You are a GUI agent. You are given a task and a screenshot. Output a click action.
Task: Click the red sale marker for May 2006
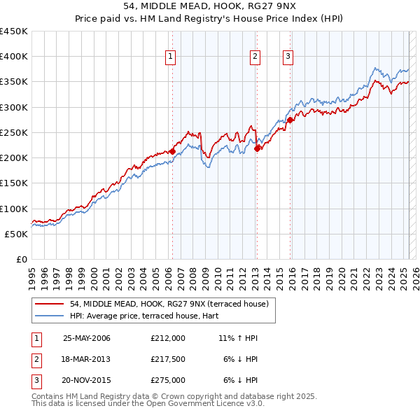172,150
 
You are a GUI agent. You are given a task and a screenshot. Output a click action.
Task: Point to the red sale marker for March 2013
257,148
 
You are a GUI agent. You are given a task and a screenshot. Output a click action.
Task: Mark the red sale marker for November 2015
290,120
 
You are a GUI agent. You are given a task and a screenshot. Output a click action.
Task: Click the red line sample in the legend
50,303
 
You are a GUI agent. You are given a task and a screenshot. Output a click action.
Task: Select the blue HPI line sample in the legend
50,315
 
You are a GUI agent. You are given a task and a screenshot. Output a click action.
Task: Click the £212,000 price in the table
168,338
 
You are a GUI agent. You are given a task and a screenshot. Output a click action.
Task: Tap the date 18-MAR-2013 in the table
87,359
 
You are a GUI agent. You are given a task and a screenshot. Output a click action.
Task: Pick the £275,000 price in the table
168,380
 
